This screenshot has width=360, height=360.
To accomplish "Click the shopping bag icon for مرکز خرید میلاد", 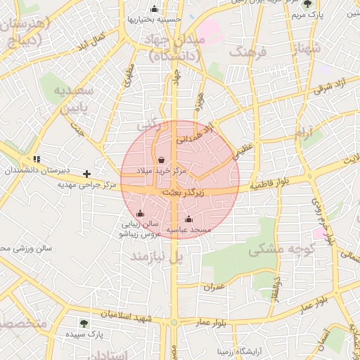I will [162, 160].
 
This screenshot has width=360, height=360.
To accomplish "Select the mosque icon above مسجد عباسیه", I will [187, 219].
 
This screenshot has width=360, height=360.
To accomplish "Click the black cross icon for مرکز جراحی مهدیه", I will [86, 173].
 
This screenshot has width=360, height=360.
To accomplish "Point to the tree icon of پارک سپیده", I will [84, 323].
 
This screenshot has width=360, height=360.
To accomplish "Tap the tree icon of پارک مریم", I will [307, 3].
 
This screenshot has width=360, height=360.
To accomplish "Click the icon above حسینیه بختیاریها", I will [155, 8].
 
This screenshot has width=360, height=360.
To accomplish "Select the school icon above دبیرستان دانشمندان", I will [37, 160].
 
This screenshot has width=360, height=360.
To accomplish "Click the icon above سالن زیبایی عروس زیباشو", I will [140, 213].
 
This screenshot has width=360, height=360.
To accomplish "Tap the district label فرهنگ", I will [248, 52].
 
